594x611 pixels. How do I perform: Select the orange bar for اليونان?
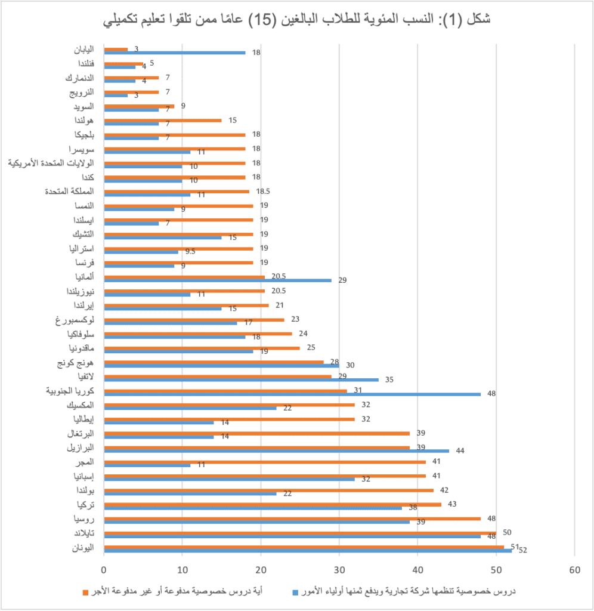tap(304, 547)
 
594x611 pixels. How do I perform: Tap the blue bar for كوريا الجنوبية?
tap(292, 394)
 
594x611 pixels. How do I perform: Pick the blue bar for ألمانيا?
tap(218, 280)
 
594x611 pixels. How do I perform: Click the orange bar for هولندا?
tap(162, 121)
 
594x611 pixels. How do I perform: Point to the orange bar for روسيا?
tap(292, 519)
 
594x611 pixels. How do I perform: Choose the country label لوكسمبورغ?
tap(75, 320)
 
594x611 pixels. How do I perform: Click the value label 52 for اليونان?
tap(523, 551)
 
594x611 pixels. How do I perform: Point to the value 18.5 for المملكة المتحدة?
tap(263, 192)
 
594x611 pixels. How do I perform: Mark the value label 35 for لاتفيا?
tap(389, 379)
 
